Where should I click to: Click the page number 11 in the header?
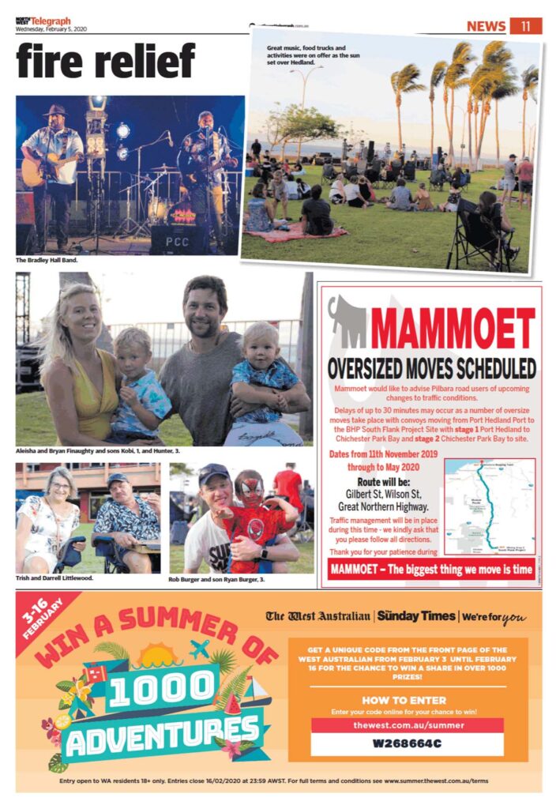coord(526,26)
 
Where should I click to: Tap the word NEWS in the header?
coord(486,26)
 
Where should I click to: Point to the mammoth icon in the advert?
coord(347,320)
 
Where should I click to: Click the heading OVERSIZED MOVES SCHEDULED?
coord(432,368)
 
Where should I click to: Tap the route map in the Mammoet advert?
coord(489,506)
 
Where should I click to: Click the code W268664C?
coord(407,743)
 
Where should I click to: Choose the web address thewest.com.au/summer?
coord(407,724)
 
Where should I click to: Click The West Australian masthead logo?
coord(317,615)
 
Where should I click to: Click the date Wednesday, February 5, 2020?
coord(54,29)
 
